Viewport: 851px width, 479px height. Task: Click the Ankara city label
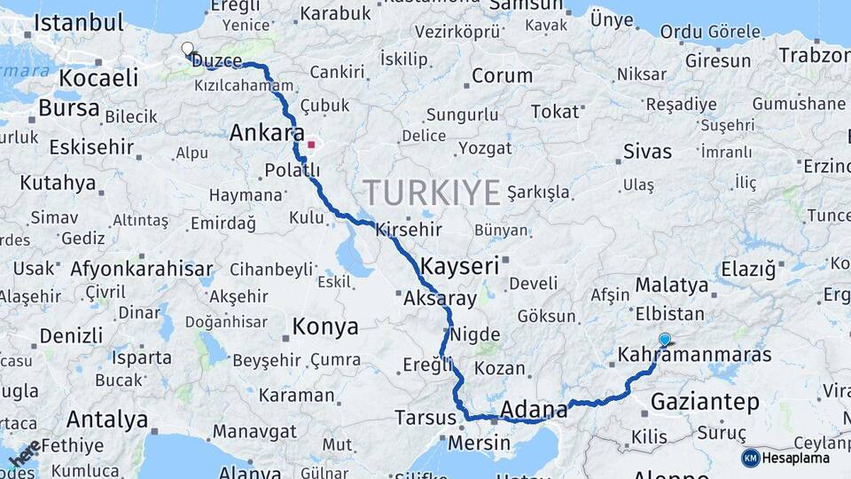tap(261, 133)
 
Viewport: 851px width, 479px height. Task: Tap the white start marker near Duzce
tap(187, 48)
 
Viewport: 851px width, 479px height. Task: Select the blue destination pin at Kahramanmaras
tap(665, 339)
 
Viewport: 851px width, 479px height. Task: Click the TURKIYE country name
tap(432, 192)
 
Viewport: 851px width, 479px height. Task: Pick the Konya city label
tap(325, 326)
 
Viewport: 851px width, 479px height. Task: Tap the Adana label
tap(534, 409)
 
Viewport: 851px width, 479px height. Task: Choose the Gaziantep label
tap(705, 402)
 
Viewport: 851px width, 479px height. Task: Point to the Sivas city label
tap(647, 151)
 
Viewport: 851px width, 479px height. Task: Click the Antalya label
tap(107, 419)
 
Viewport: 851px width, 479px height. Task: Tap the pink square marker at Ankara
tap(311, 144)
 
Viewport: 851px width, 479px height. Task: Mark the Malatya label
tap(672, 286)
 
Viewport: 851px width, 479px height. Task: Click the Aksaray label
tap(440, 299)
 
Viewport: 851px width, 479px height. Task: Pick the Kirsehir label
tap(408, 230)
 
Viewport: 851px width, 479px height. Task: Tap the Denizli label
tap(71, 336)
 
